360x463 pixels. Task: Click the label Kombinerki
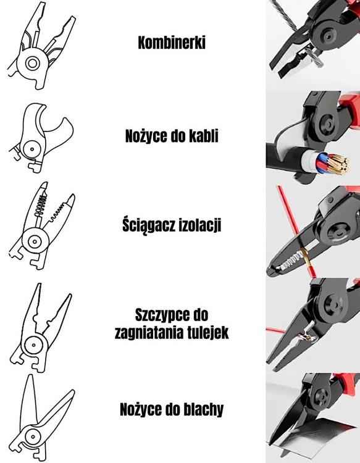click(x=172, y=43)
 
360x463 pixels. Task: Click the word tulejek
click(x=207, y=333)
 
